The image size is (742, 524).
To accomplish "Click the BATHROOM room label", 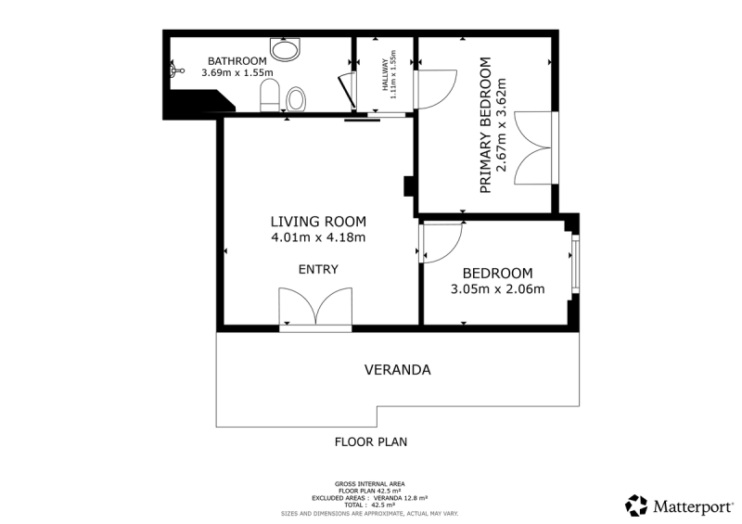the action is click(237, 61).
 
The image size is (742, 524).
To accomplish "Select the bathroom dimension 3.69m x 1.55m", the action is click(237, 73).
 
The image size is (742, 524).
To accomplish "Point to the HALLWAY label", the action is click(386, 74).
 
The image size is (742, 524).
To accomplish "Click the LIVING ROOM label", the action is click(318, 222).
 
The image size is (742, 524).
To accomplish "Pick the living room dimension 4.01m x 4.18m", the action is click(318, 237).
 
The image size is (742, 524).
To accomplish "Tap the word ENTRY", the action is click(318, 269).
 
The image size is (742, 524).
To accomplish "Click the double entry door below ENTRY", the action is click(315, 307).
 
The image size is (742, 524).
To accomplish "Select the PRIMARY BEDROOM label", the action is click(485, 125).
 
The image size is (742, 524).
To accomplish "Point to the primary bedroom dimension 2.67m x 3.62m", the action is click(501, 125).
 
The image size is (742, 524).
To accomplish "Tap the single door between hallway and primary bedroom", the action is click(435, 89).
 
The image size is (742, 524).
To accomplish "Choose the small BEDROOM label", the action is click(497, 273).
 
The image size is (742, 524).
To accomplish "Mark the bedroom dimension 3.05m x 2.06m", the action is click(497, 288).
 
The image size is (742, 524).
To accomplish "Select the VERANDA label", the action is click(398, 370).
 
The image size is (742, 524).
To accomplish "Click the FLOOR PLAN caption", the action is click(371, 442).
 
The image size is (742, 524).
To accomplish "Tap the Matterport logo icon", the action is click(636, 505).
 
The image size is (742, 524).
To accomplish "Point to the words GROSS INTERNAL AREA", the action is click(369, 484).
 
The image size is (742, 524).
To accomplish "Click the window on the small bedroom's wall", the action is click(575, 264).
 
